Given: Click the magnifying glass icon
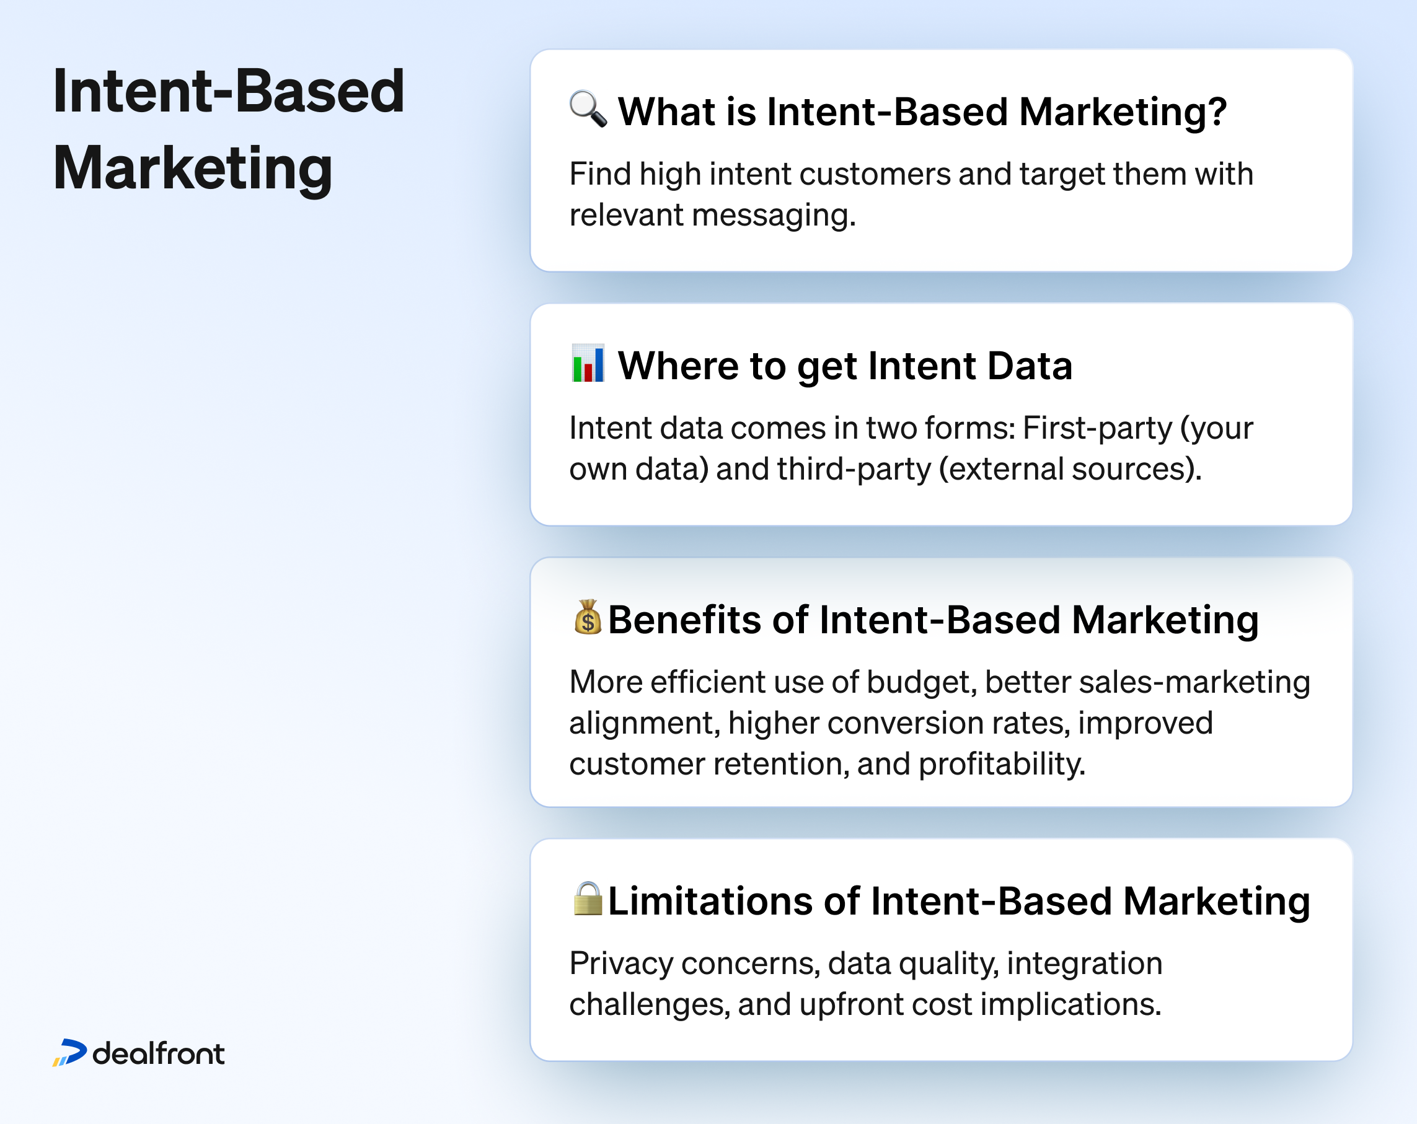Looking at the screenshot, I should [588, 109].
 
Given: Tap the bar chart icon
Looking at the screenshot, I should [588, 363].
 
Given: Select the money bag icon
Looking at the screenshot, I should [588, 618].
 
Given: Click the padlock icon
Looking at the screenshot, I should [588, 898].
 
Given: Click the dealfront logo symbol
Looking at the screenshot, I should [69, 1052].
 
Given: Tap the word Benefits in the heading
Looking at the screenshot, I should [684, 620].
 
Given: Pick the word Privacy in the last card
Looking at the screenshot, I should [621, 964].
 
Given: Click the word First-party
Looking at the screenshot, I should [1097, 428].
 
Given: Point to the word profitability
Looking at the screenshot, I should [1001, 764].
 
